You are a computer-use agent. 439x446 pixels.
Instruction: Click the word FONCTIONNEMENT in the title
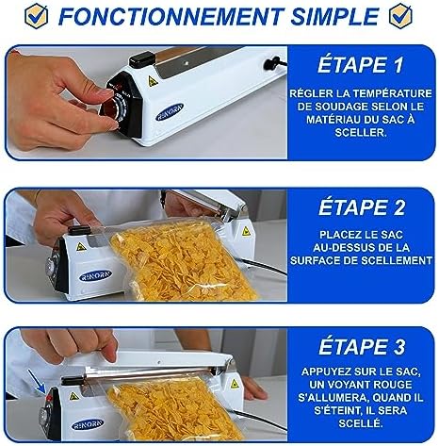coord(171,16)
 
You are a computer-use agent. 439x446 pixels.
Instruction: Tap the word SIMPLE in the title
coord(334,16)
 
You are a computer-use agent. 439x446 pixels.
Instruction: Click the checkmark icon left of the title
coord(37,16)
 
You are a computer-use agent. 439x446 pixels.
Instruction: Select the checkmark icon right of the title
coord(400,16)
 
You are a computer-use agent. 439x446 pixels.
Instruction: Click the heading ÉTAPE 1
coord(360,64)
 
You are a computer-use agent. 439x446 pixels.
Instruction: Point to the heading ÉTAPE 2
coord(362,206)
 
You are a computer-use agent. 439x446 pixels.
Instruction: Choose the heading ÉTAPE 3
coord(362,346)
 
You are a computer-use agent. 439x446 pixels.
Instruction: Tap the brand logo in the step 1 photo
coord(170,112)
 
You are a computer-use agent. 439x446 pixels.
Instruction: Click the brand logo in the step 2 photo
coord(95,275)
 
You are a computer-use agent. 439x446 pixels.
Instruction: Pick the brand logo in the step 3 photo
coord(88,425)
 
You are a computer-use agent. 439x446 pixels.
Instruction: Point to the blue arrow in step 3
coord(36,382)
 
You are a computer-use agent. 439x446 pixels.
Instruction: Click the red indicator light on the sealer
coord(49,398)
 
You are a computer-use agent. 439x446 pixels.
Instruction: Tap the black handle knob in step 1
coord(142,59)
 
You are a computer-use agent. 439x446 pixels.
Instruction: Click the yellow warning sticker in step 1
coord(153,81)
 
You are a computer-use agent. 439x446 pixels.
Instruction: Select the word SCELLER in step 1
coord(361,132)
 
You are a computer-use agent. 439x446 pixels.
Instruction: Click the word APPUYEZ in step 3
coord(327,372)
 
